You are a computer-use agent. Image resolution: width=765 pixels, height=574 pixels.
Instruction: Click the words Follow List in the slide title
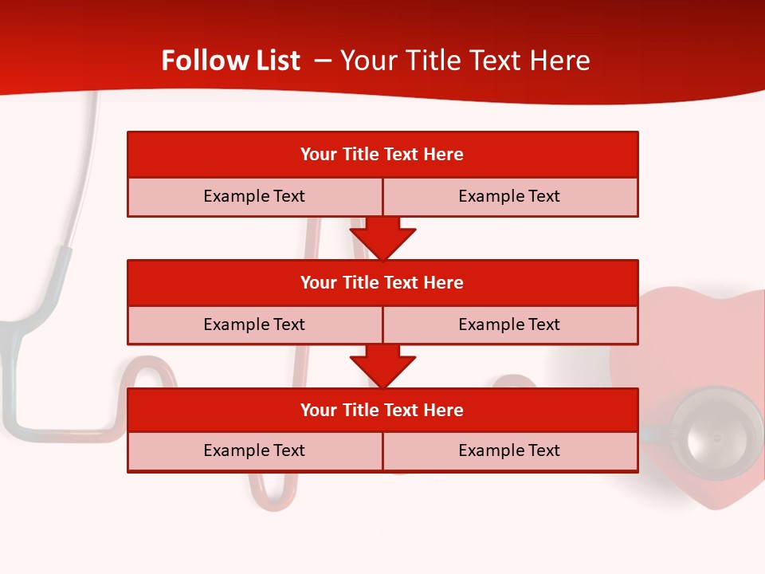pyautogui.click(x=230, y=61)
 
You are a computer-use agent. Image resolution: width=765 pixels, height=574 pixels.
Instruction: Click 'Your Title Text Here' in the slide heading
pyautogui.click(x=465, y=61)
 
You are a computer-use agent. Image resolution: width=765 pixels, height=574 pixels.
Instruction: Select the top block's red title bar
pyautogui.click(x=382, y=154)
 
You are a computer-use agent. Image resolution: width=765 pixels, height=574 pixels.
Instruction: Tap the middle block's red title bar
pyautogui.click(x=382, y=282)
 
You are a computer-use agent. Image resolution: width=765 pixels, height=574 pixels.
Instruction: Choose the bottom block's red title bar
pyautogui.click(x=382, y=410)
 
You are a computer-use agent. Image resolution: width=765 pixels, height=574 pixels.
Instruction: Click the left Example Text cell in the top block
pyautogui.click(x=254, y=196)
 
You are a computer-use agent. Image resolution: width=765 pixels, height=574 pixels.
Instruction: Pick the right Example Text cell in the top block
pyautogui.click(x=509, y=196)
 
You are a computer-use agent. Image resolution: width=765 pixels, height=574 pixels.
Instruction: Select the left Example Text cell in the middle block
pyautogui.click(x=254, y=324)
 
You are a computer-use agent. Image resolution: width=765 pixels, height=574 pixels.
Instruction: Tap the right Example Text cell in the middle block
pyautogui.click(x=509, y=324)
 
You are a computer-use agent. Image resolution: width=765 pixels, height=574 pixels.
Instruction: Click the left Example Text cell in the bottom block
pyautogui.click(x=254, y=450)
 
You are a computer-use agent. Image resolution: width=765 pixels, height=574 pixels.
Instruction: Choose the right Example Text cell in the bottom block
pyautogui.click(x=509, y=450)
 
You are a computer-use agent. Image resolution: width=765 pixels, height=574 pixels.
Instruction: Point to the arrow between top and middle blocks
pyautogui.click(x=382, y=238)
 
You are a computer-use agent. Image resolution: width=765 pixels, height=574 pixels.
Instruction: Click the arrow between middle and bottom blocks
pyautogui.click(x=382, y=366)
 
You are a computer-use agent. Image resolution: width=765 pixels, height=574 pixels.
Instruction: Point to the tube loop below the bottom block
pyautogui.click(x=273, y=494)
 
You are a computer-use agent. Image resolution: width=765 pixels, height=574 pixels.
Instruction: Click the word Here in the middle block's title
pyautogui.click(x=444, y=282)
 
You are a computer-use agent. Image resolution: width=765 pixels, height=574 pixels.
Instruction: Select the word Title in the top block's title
pyautogui.click(x=361, y=154)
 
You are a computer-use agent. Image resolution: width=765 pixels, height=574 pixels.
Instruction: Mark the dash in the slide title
pyautogui.click(x=323, y=61)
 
